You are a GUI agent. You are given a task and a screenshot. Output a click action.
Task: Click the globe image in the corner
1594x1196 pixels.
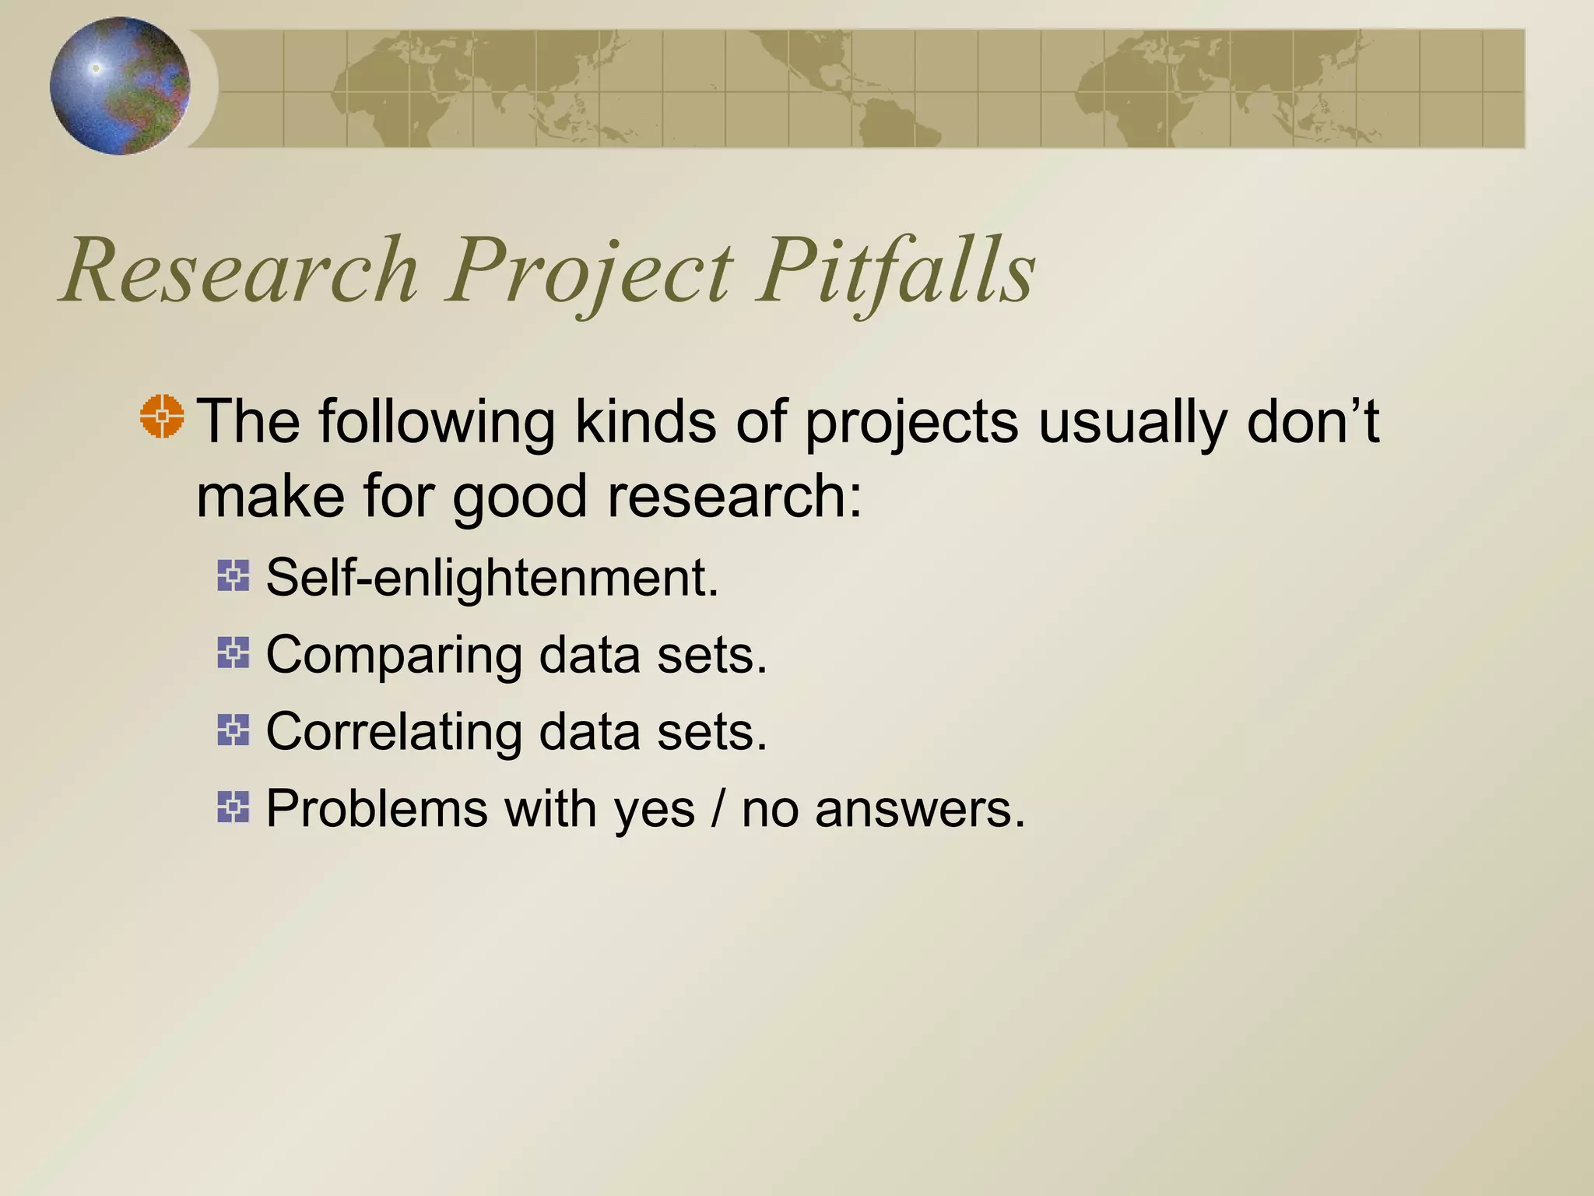click(120, 86)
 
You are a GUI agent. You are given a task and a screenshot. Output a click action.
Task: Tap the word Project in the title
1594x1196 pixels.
click(588, 273)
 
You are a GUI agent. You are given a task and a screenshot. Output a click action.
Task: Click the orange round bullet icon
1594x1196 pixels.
click(162, 417)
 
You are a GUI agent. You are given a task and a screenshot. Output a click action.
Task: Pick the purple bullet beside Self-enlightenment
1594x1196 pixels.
click(233, 576)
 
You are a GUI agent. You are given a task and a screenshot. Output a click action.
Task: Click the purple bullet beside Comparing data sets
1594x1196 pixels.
click(233, 653)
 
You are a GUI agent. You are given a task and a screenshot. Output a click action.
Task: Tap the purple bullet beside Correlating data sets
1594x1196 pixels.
click(233, 730)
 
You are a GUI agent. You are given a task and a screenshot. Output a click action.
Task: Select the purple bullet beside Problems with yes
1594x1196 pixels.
click(233, 807)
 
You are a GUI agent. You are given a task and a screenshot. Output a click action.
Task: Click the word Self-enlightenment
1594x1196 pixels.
click(492, 578)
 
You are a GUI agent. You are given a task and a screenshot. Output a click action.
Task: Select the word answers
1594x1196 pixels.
click(920, 810)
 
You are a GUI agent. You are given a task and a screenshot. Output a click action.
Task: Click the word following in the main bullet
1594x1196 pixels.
click(436, 423)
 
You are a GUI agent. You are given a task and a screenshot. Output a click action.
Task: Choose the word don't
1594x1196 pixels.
click(1312, 421)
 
